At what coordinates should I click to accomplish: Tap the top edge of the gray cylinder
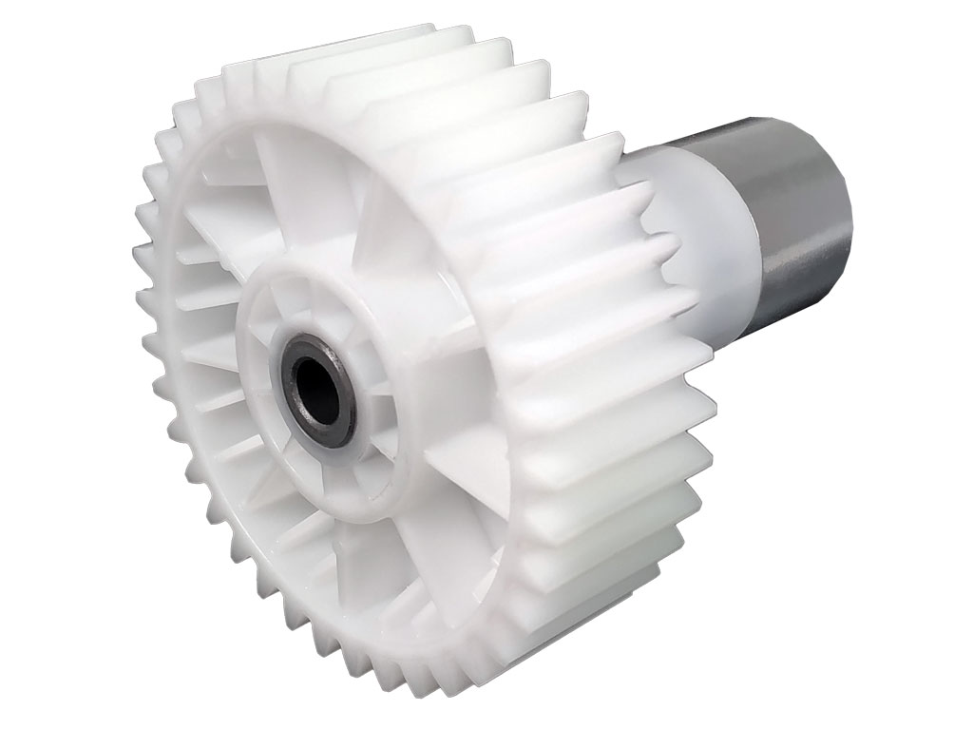(760, 119)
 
